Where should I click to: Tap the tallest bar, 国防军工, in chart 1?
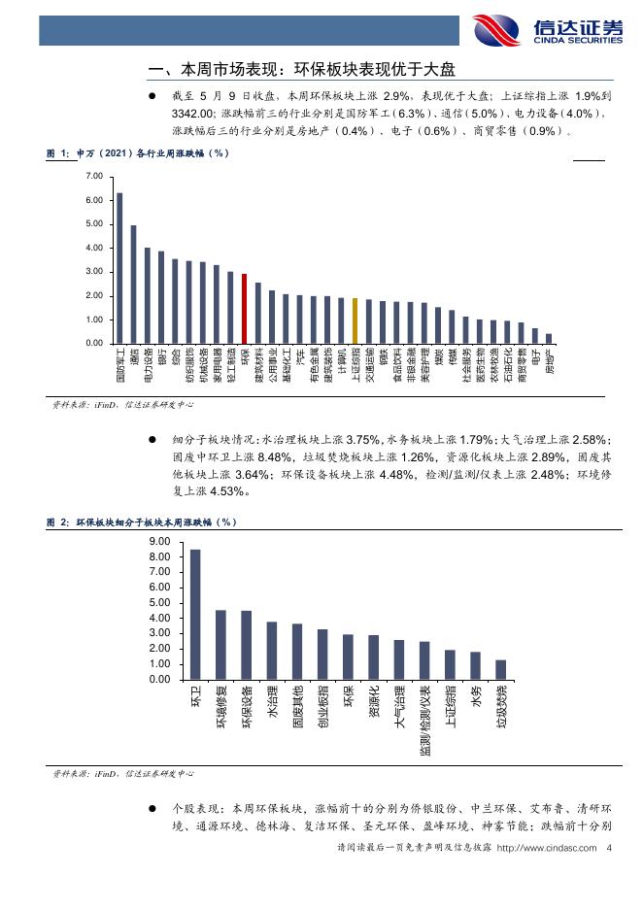pyautogui.click(x=119, y=268)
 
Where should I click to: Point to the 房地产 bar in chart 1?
pyautogui.click(x=549, y=338)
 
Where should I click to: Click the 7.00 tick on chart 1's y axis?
pyautogui.click(x=94, y=176)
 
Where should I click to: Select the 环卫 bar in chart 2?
pyautogui.click(x=195, y=615)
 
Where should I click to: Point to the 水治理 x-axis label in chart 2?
pyautogui.click(x=272, y=702)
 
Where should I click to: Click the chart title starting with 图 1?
pyautogui.click(x=138, y=153)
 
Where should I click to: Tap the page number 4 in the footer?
pyautogui.click(x=607, y=847)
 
